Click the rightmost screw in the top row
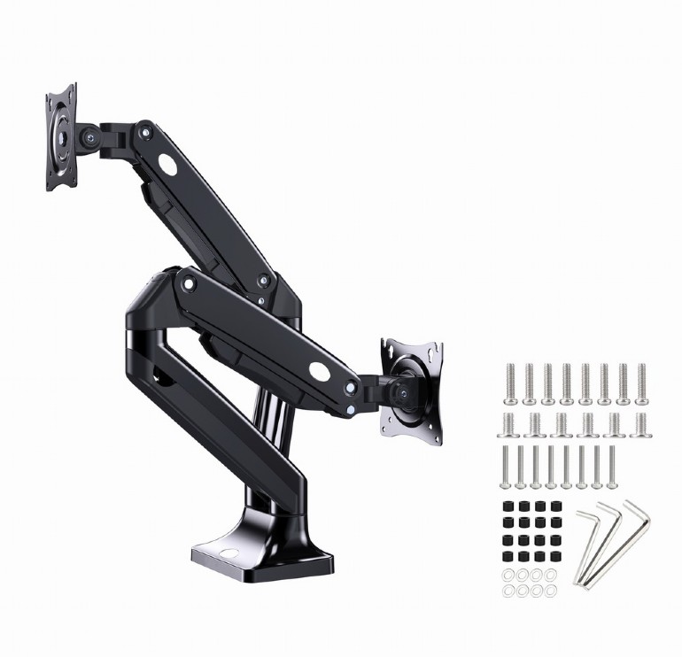coord(641,382)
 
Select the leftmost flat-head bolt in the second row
coord(511,424)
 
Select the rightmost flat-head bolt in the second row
coord(640,424)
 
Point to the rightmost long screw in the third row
coord(610,467)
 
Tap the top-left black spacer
coord(508,506)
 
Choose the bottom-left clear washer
coord(508,591)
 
